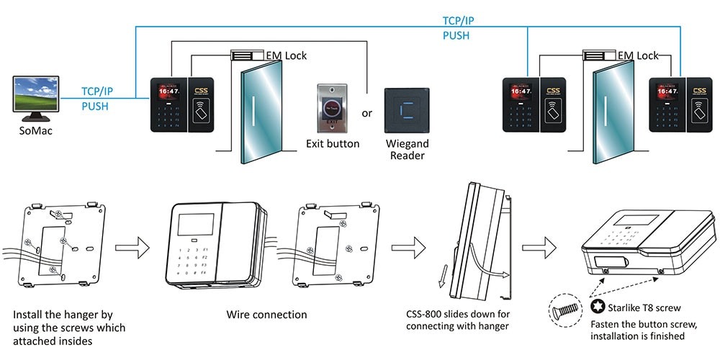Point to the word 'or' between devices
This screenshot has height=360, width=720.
point(367,114)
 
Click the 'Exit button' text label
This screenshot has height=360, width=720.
point(333,144)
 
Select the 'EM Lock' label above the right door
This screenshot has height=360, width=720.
point(638,55)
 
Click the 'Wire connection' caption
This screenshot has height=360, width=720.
point(266,315)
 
